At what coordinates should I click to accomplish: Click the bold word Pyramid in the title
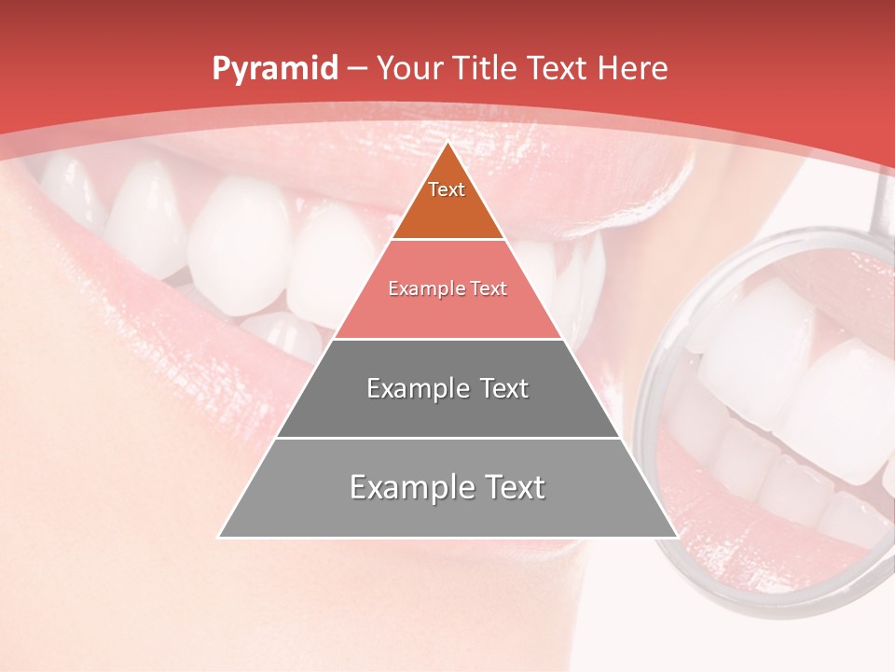(275, 69)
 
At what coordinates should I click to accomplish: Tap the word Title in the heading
(489, 68)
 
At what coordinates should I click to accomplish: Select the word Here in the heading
(633, 68)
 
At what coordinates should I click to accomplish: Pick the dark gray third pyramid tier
(447, 411)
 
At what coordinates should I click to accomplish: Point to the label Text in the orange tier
(447, 189)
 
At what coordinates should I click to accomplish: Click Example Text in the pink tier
(447, 288)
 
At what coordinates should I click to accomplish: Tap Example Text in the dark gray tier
(447, 388)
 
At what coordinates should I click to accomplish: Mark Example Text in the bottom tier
(447, 487)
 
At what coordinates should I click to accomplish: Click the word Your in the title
(408, 68)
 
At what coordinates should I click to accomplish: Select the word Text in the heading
(560, 68)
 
